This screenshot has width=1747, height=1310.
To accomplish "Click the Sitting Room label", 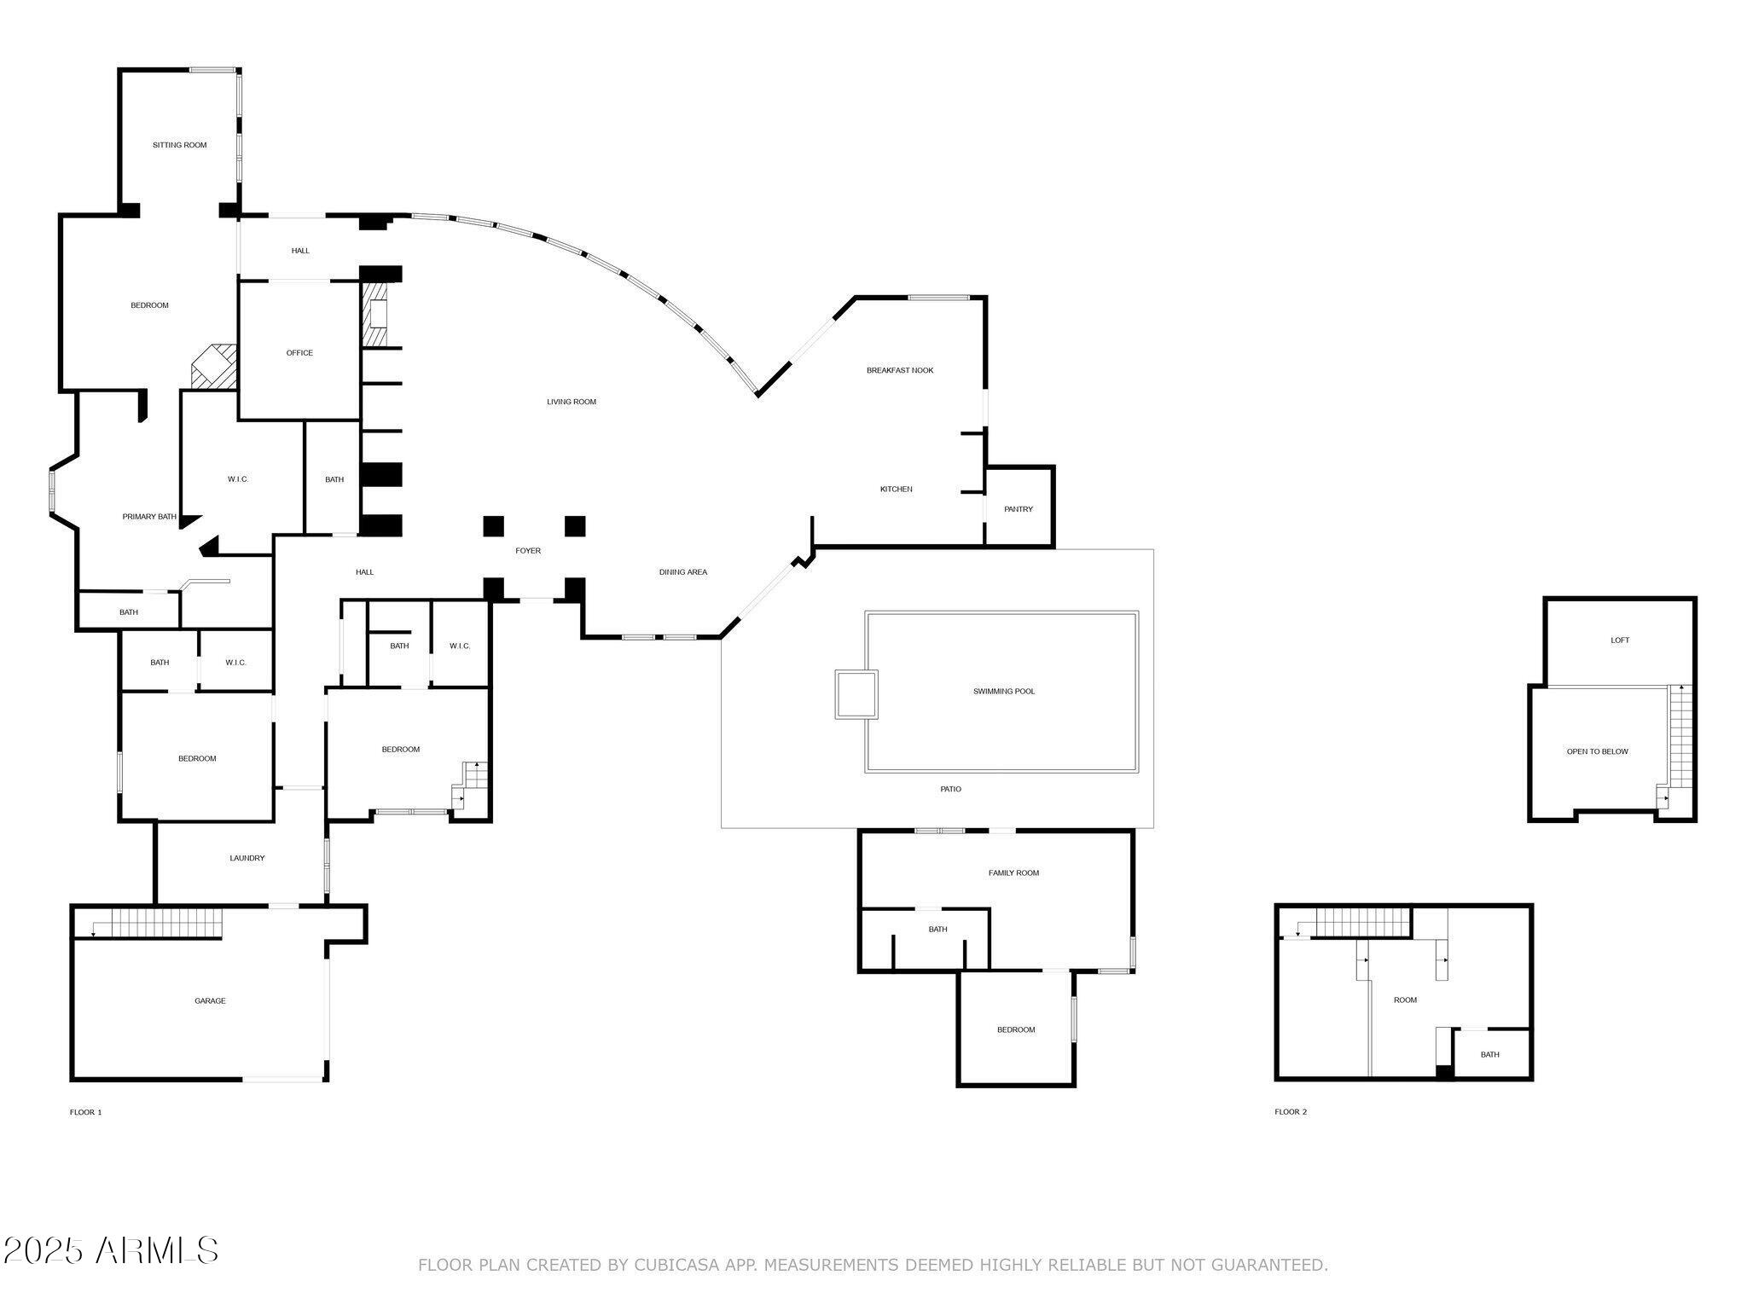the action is pyautogui.click(x=180, y=145).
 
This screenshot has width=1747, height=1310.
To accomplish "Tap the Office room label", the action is pyautogui.click(x=299, y=353).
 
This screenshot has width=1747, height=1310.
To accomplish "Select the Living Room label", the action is pyautogui.click(x=572, y=402).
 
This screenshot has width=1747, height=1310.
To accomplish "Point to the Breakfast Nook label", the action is pyautogui.click(x=900, y=370).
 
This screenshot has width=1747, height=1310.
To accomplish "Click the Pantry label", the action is pyautogui.click(x=1019, y=509).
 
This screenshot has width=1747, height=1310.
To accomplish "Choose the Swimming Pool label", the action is pyautogui.click(x=1004, y=691).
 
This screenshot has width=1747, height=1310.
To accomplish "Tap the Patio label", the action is pyautogui.click(x=951, y=789).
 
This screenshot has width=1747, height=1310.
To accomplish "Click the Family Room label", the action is pyautogui.click(x=1013, y=872).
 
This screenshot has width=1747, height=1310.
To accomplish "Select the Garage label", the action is pyautogui.click(x=210, y=1000).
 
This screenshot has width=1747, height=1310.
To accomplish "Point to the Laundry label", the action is pyautogui.click(x=247, y=858).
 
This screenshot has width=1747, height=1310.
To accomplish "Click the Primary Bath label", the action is pyautogui.click(x=149, y=517).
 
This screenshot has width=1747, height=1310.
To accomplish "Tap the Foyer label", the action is pyautogui.click(x=528, y=551).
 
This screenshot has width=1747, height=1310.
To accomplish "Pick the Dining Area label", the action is pyautogui.click(x=683, y=572).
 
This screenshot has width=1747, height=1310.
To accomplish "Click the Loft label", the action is pyautogui.click(x=1620, y=641).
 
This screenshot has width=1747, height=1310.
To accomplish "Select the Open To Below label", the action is pyautogui.click(x=1597, y=751).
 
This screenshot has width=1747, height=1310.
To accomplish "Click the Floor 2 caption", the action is pyautogui.click(x=1291, y=1112).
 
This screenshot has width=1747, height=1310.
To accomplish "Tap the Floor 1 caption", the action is pyautogui.click(x=85, y=1112).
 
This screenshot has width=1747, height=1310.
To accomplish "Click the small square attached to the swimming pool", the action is pyautogui.click(x=856, y=694).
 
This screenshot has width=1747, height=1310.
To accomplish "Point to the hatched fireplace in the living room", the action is pyautogui.click(x=374, y=316).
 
